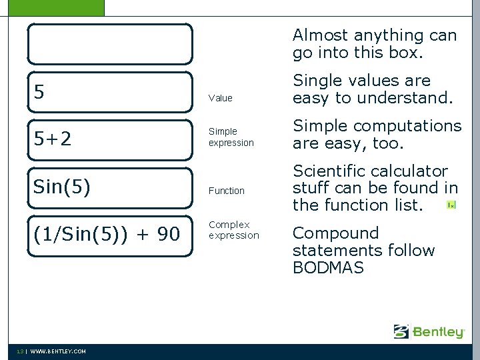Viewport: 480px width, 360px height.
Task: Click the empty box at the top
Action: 110,44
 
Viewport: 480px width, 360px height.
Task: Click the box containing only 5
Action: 110,92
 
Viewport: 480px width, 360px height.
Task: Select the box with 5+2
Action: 110,140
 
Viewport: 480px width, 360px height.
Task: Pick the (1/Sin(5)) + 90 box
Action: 110,235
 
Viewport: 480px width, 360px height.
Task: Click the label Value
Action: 221,98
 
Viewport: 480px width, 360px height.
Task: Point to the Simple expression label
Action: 231,137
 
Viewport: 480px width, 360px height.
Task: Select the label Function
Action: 227,191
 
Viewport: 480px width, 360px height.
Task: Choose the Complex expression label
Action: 234,230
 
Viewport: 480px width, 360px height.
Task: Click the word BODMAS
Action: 329,268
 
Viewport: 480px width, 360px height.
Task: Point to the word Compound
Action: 336,233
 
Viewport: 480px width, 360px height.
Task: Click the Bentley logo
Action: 429,331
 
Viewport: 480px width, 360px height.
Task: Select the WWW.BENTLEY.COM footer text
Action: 58,351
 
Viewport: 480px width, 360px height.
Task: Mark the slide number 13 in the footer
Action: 21,351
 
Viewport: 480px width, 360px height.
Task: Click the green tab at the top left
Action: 52,7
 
